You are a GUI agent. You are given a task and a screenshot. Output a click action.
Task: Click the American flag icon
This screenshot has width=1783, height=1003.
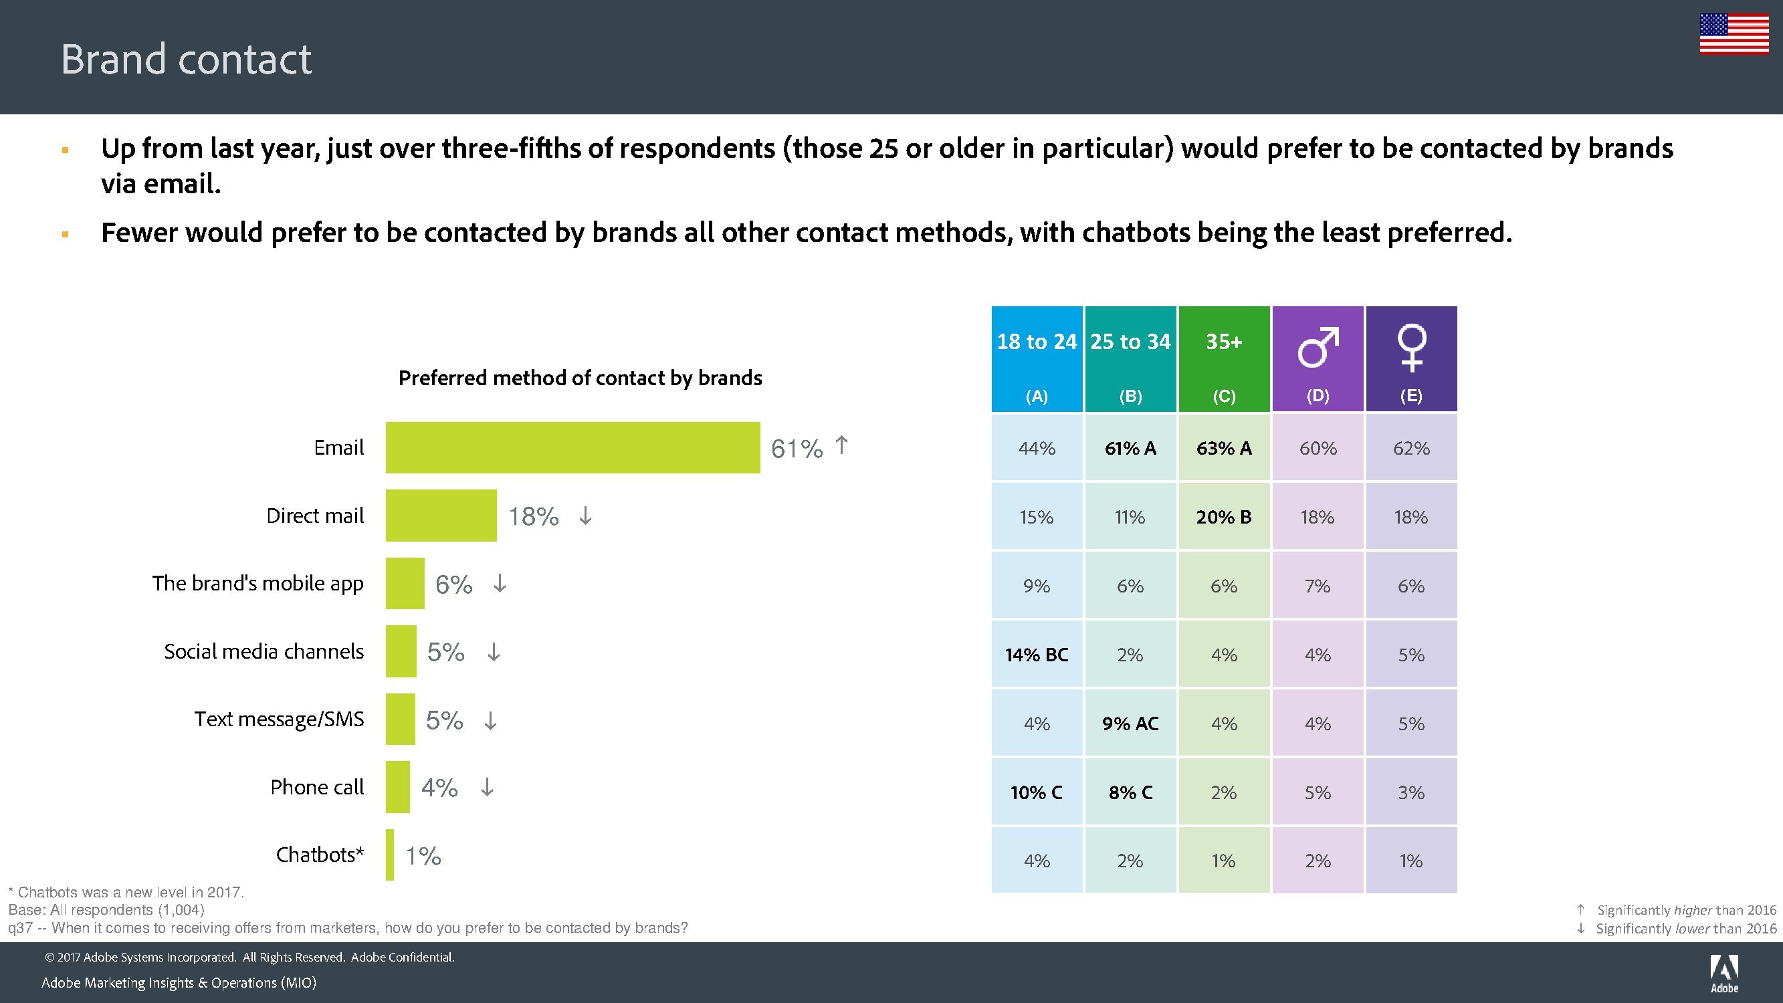[x=1734, y=33]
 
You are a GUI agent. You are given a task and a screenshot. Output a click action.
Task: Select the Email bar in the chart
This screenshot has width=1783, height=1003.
[x=572, y=448]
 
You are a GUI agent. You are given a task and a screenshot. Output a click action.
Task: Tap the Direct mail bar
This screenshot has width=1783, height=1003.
[x=441, y=516]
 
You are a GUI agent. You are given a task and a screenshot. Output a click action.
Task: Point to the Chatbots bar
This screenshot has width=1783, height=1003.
[x=391, y=855]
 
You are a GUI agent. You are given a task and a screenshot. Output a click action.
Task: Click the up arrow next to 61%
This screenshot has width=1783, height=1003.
[x=841, y=445]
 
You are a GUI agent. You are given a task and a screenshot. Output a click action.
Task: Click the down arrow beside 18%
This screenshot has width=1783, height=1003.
[x=586, y=516]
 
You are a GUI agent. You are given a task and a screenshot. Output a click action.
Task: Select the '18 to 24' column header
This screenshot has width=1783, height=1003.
[x=1036, y=358]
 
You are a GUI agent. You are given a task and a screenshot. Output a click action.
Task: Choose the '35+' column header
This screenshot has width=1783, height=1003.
[x=1224, y=358]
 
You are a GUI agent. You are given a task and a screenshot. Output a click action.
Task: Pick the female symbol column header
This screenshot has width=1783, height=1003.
[x=1411, y=358]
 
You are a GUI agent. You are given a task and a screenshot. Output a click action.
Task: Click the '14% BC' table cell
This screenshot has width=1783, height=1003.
[x=1036, y=655]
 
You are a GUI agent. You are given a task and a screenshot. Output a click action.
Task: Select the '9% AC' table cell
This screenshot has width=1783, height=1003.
[x=1130, y=723]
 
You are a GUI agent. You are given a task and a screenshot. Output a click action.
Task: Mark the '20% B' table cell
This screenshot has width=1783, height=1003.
[x=1224, y=517]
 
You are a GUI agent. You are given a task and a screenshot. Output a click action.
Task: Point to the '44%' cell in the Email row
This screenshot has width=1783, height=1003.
[x=1036, y=449]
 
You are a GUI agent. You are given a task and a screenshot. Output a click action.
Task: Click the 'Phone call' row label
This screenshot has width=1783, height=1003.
[x=317, y=787]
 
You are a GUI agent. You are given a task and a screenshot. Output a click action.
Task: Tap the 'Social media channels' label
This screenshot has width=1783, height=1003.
[x=264, y=651]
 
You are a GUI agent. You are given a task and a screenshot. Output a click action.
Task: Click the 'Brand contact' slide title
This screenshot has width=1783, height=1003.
[x=186, y=59]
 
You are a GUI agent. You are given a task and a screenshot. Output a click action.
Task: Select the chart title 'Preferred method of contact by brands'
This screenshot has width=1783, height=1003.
[x=580, y=378]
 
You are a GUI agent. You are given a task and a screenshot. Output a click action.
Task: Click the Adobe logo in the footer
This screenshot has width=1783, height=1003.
[x=1724, y=973]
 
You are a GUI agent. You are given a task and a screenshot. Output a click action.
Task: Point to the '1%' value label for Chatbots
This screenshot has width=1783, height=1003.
[x=423, y=857]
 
